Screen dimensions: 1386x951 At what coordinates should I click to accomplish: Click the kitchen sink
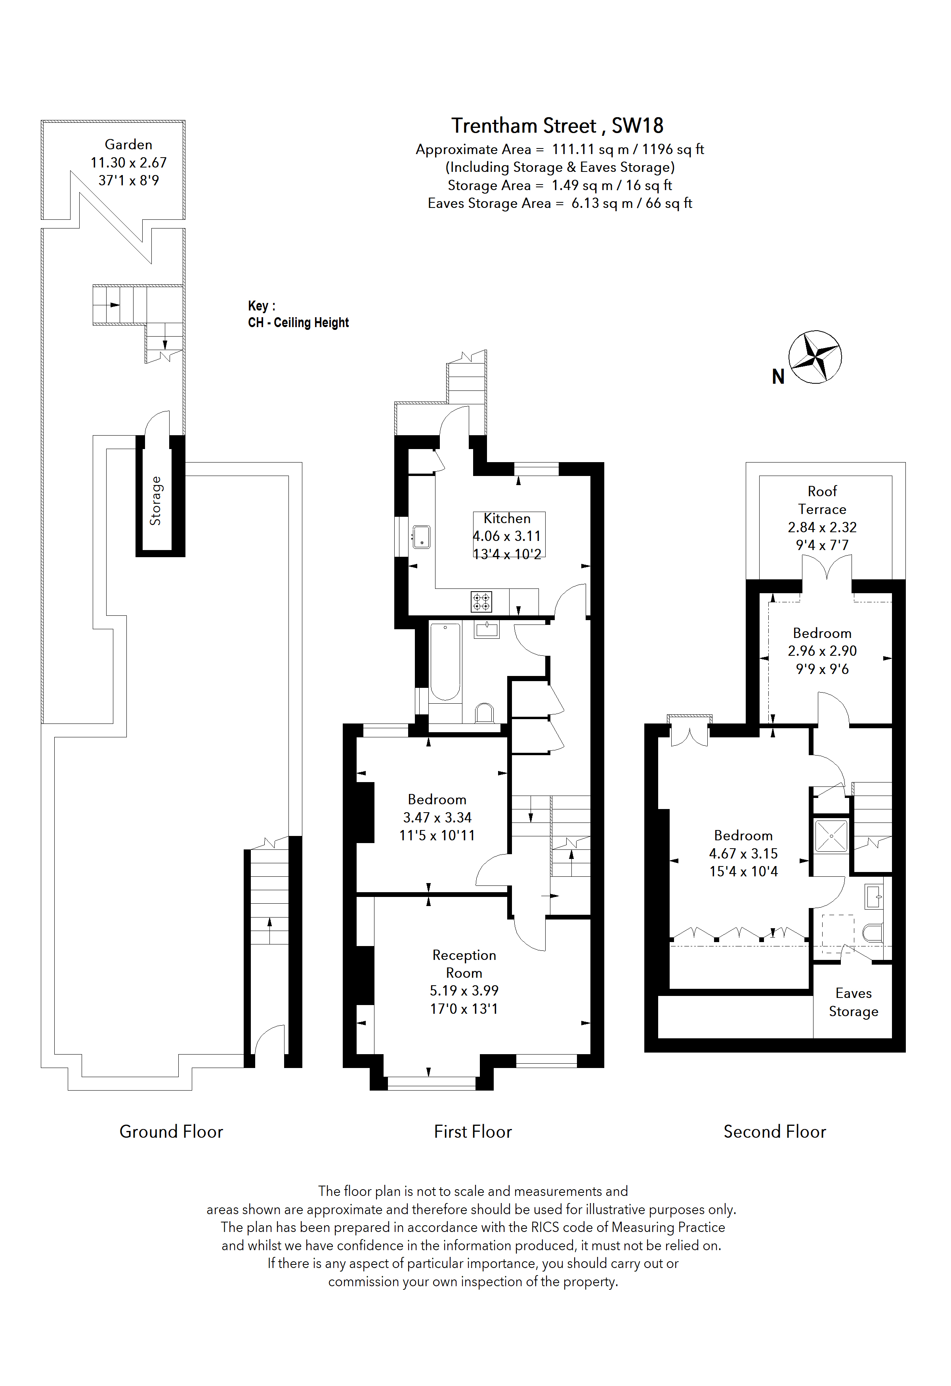coord(422,536)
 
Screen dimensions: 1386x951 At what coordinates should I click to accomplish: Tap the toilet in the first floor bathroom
coord(485,713)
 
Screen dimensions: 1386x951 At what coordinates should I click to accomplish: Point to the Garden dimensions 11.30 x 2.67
coord(128,162)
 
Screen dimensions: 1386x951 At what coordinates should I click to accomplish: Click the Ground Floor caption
coord(171,1131)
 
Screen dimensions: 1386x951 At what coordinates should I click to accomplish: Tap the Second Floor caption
coord(774,1131)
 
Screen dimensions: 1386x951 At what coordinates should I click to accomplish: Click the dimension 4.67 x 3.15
coord(743,853)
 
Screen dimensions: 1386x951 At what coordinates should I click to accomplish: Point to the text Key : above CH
coord(261,306)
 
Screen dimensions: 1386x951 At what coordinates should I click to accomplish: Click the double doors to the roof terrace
coord(827,567)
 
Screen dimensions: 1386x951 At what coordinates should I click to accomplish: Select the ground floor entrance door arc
coord(269,1039)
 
